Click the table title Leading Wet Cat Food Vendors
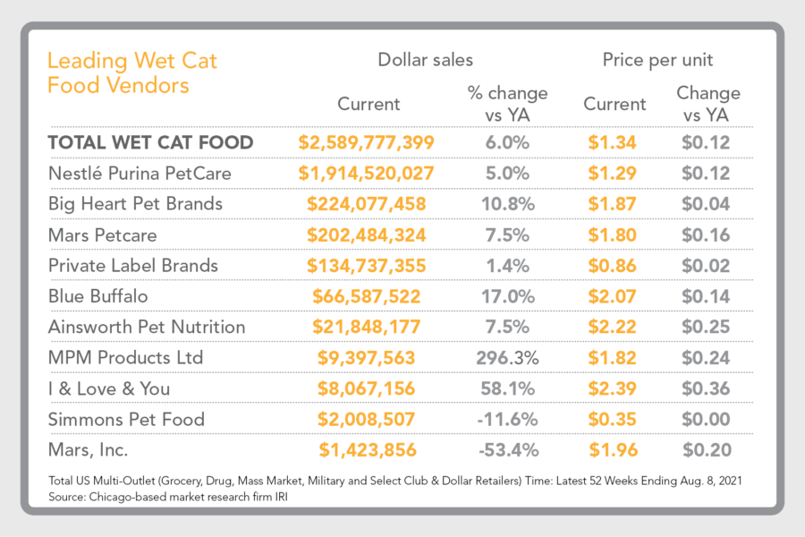point(131,73)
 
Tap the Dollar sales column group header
point(425,61)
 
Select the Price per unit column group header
point(657,61)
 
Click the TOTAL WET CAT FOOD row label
point(150,142)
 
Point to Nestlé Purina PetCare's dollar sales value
point(367,173)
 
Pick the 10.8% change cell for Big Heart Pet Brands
point(507,203)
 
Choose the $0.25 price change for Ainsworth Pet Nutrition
point(707,327)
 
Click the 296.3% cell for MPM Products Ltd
point(507,357)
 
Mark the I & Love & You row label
point(109,388)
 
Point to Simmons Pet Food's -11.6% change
point(507,419)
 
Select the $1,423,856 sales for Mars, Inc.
point(367,450)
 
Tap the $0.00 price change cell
point(707,419)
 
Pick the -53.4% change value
point(507,450)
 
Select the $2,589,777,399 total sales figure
point(367,142)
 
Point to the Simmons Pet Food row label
point(126,419)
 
